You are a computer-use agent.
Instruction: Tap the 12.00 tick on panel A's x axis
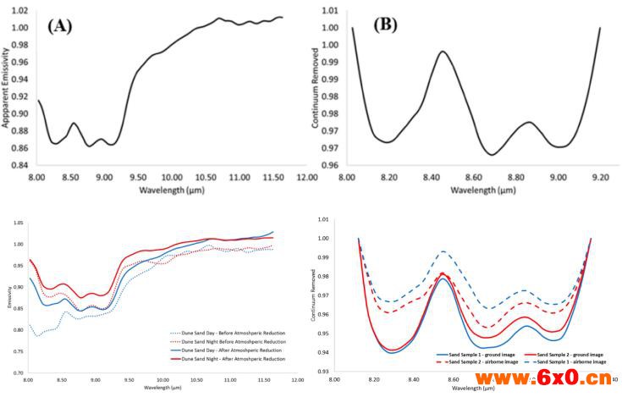point(307,177)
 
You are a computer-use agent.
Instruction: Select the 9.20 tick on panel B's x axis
point(600,177)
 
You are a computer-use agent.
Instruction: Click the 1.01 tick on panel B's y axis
point(328,11)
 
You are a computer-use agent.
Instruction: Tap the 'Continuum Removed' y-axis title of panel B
point(317,90)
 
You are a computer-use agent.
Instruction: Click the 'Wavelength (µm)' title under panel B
point(475,190)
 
